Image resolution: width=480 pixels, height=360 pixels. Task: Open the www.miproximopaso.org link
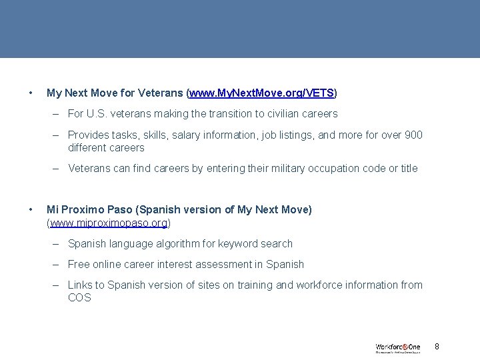coord(108,222)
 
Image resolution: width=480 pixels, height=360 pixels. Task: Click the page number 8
coord(437,347)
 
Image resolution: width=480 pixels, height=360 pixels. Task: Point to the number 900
coord(413,135)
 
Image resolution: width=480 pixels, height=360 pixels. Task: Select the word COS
coord(79,297)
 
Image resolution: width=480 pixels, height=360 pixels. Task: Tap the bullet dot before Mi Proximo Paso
coord(31,209)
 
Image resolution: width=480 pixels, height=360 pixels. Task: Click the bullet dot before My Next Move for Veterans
coord(31,92)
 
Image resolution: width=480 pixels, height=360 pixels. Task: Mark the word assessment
coord(231,264)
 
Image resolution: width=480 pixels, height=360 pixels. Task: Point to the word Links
coord(80,285)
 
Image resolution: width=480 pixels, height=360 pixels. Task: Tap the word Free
coord(79,264)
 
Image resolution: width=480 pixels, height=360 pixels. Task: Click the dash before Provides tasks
coord(58,135)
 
